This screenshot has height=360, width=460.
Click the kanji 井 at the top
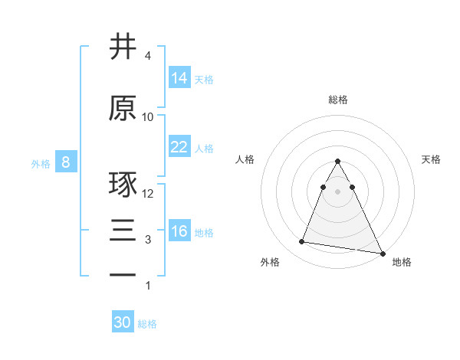(x=123, y=47)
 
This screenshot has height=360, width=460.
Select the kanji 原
(x=123, y=108)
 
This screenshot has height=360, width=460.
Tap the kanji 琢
(x=123, y=186)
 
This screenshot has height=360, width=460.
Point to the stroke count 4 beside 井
(x=148, y=56)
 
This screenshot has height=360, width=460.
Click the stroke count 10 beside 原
(x=148, y=116)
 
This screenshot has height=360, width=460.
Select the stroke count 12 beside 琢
(x=149, y=194)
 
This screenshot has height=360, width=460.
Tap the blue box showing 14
(x=179, y=77)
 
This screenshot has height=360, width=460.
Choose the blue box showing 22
(x=179, y=147)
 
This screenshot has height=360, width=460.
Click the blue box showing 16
(x=179, y=231)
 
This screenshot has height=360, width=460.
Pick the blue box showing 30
(x=123, y=322)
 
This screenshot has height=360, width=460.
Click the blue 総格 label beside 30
(x=147, y=324)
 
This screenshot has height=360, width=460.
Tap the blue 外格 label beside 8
(x=41, y=163)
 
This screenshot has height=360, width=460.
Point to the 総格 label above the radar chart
(x=337, y=100)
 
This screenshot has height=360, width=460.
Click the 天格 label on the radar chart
(x=431, y=159)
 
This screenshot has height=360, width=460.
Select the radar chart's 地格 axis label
(x=402, y=262)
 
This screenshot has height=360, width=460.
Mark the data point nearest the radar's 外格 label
(x=301, y=242)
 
